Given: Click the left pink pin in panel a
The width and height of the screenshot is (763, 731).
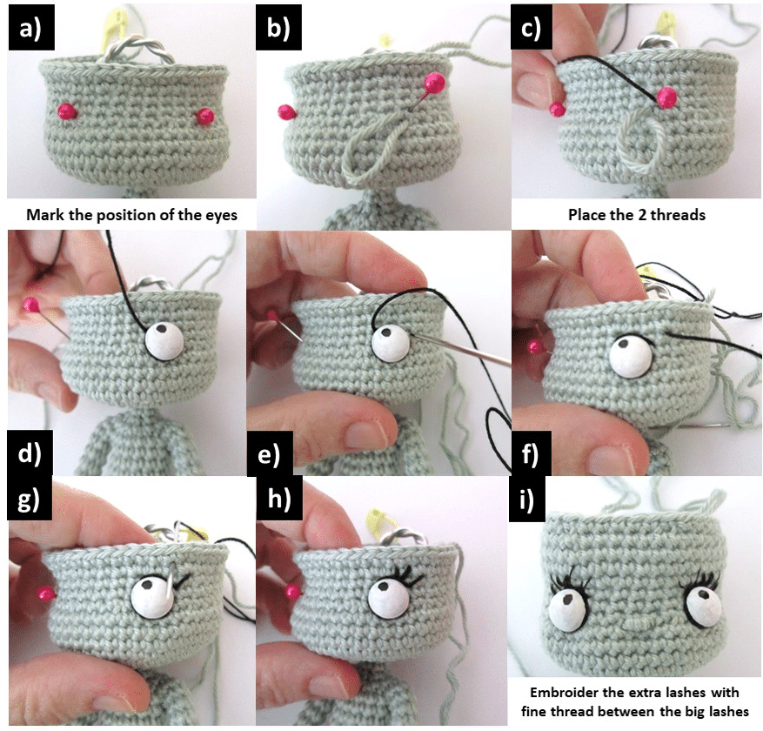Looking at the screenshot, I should (x=64, y=111).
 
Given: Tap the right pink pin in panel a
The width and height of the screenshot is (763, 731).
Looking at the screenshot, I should (x=205, y=116).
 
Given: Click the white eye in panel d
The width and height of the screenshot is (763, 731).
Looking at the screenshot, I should (x=163, y=340).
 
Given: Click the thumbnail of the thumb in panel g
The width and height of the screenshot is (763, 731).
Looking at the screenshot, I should (x=113, y=701).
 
